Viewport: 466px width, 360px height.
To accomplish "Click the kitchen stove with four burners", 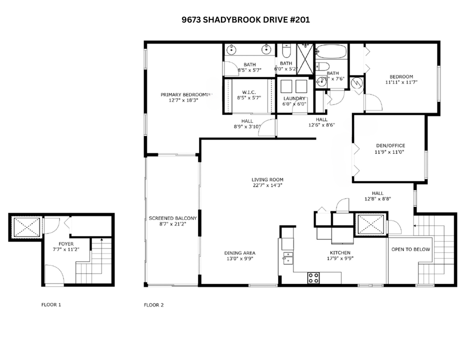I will coord(313,278).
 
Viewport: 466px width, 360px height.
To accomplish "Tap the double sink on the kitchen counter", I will coord(287,258).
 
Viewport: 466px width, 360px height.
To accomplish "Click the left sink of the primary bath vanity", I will coord(232,49).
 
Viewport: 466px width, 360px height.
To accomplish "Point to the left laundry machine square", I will coord(286,86).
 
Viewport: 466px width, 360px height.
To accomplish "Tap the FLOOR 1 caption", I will coord(51,304).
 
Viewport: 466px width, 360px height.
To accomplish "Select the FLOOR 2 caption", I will coord(153,304).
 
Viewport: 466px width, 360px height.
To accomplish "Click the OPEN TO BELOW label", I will coord(410,249).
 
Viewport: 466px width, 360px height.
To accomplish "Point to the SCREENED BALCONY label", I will coord(172,218).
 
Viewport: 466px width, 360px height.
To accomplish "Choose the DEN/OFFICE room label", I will coord(389,146).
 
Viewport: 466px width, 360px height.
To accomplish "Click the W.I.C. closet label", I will coord(249,91).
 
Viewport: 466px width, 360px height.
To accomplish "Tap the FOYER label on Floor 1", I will coord(66,244).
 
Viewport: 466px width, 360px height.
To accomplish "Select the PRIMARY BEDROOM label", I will coord(184,94).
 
